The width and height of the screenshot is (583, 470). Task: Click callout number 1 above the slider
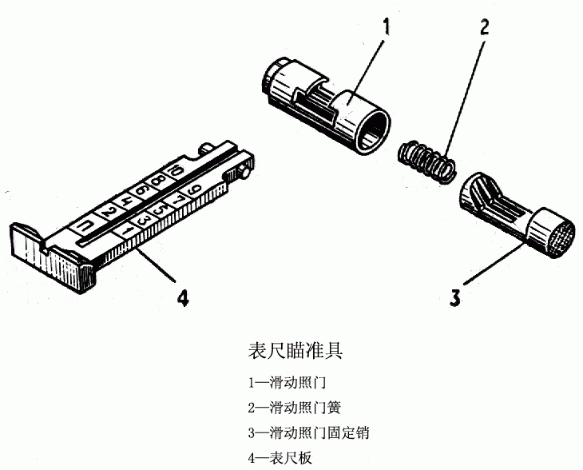coord(387,27)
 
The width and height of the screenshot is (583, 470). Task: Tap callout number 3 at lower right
coord(454,299)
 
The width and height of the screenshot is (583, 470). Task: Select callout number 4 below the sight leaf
coord(183,298)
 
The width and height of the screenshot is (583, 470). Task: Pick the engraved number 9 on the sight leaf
coord(195,192)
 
